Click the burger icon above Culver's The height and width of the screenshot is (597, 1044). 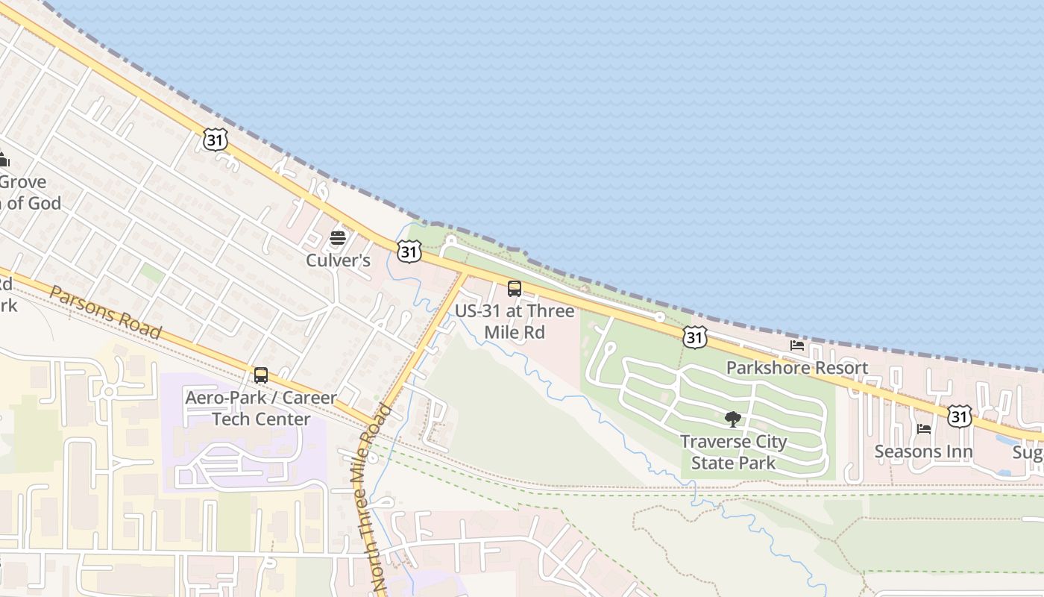338,239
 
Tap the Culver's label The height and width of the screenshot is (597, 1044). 338,260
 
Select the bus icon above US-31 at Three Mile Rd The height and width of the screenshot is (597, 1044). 515,289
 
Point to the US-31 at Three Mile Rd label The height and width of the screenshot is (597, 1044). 515,321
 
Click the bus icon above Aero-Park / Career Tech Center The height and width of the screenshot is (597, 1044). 261,375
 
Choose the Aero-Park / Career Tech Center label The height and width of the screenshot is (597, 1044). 261,408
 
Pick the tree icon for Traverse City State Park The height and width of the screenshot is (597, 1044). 733,419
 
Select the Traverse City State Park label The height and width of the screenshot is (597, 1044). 733,452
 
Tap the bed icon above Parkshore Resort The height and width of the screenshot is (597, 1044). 797,346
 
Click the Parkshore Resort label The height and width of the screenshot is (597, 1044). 797,368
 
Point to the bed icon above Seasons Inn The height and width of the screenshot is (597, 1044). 924,429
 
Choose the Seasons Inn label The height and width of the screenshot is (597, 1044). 924,451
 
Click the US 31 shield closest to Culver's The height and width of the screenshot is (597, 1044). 409,251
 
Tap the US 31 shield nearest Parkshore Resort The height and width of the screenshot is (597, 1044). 694,337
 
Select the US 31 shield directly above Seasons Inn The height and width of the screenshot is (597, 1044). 960,416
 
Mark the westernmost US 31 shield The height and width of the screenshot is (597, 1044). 215,139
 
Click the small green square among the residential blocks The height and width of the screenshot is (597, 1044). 152,273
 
